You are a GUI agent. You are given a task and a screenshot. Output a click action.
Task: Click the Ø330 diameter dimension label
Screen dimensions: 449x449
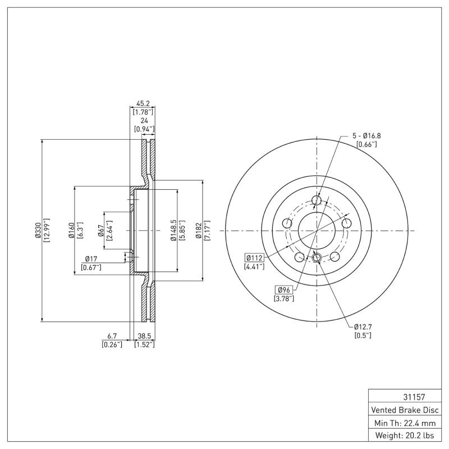pos(38,231)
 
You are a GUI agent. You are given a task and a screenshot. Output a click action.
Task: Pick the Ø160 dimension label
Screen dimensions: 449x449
pos(71,231)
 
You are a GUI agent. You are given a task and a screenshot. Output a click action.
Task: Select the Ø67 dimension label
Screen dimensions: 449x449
pos(100,231)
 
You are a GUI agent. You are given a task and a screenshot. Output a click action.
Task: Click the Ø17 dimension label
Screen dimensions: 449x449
pos(92,258)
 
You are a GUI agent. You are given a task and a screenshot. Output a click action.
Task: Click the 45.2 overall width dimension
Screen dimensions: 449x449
pos(143,103)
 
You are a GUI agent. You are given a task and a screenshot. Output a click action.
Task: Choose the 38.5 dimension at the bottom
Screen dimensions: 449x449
pos(144,336)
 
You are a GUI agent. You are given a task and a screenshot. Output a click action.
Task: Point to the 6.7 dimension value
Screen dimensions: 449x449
pos(110,336)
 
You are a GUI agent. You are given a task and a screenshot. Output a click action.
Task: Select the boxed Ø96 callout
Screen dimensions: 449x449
pos(284,289)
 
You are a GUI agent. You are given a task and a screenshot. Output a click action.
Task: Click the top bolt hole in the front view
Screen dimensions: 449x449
pos(316,200)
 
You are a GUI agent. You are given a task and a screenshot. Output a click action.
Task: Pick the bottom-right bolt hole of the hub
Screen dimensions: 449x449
pos(335,256)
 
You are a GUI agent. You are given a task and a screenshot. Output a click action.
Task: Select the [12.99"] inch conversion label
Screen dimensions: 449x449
pos(47,231)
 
